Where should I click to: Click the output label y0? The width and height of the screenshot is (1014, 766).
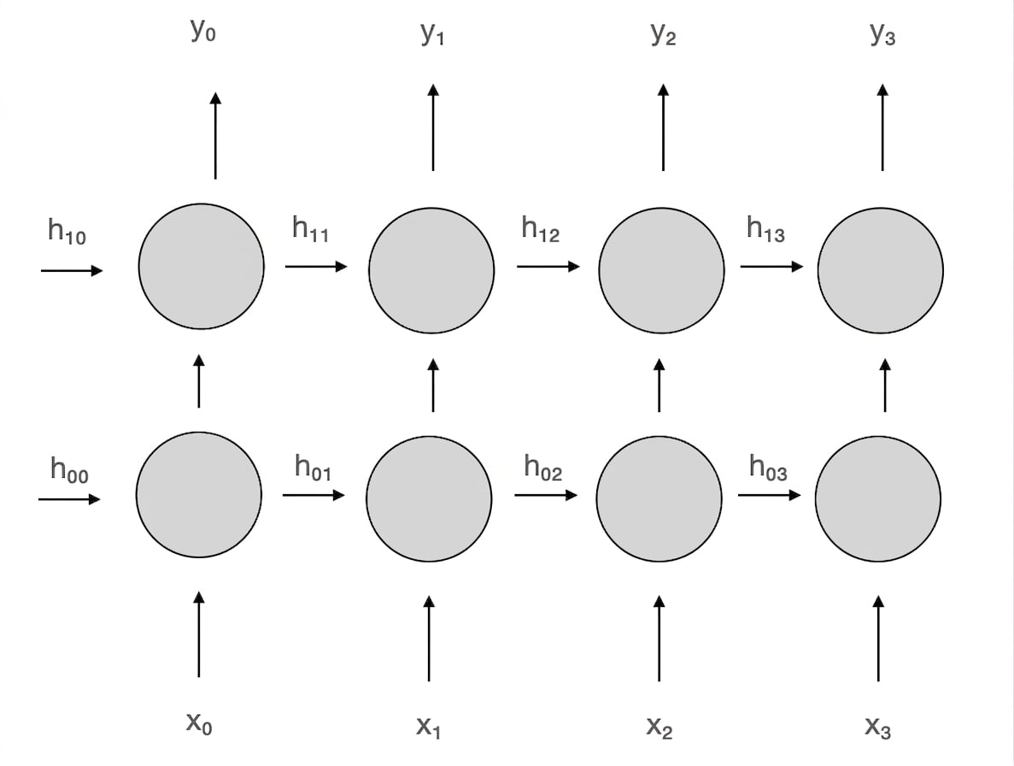[x=203, y=31]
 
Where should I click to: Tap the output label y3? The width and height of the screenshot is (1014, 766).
[x=882, y=33]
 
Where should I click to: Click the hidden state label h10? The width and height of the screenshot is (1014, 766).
[x=67, y=232]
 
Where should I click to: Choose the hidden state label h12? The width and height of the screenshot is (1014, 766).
[x=540, y=229]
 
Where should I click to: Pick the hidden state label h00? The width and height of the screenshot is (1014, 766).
[x=69, y=470]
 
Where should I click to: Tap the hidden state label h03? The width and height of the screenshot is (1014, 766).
[x=768, y=468]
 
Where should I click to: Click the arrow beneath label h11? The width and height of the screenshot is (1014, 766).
[x=316, y=266]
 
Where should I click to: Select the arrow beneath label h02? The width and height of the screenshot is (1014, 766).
[x=546, y=495]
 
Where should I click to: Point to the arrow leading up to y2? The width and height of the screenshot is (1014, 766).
[x=663, y=127]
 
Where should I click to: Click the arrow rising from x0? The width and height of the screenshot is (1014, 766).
[x=198, y=634]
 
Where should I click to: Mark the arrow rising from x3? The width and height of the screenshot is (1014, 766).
[x=878, y=639]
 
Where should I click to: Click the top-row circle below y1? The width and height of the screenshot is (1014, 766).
[x=431, y=270]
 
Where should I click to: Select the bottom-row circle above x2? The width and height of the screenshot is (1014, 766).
[x=659, y=498]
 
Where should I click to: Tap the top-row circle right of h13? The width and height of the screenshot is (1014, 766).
[x=880, y=270]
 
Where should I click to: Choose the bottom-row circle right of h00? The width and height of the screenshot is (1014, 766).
[x=198, y=495]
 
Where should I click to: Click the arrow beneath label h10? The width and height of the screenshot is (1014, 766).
[x=72, y=270]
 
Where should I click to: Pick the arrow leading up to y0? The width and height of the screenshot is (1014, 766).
[x=215, y=136]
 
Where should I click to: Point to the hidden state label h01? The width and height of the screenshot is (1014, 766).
[x=313, y=468]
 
